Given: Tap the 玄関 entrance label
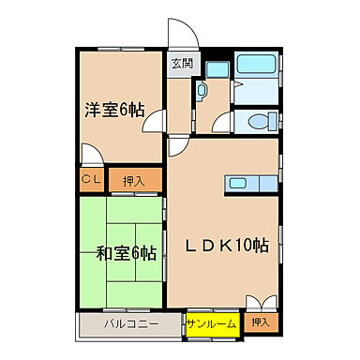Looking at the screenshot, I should coord(181,64).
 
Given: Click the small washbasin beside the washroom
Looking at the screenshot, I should coord(201,91).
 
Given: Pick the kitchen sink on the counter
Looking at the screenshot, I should coord(237,183).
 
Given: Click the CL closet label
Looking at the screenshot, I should coord(91,179).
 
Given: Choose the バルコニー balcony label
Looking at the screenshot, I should coord(129,323).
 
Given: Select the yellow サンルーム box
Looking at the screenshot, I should coord(211,323).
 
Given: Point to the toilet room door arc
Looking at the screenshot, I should coord(221,124).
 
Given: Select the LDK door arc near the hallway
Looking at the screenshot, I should coord(179,146).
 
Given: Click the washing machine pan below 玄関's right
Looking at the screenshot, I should coord(217,67).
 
